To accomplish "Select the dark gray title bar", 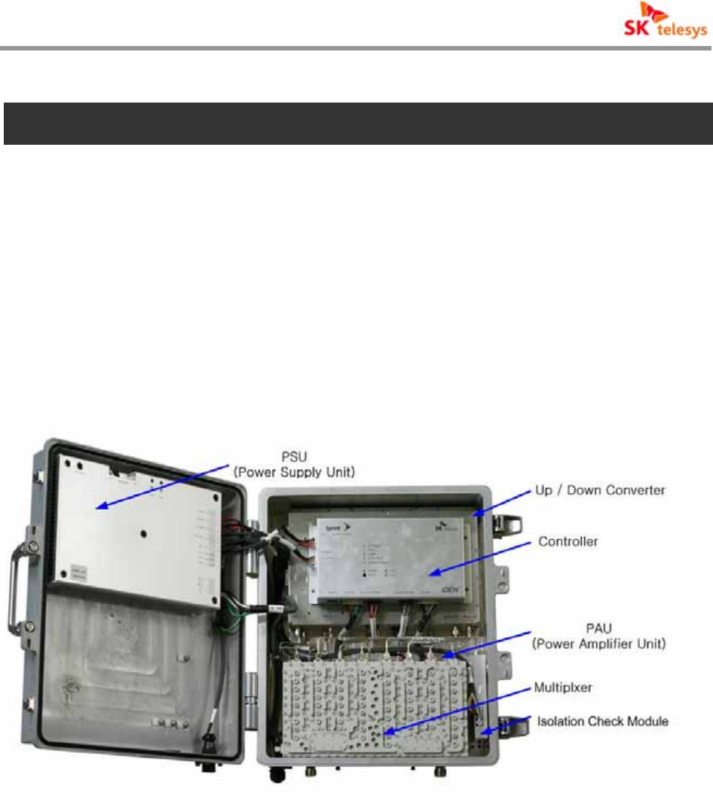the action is tap(357, 124).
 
